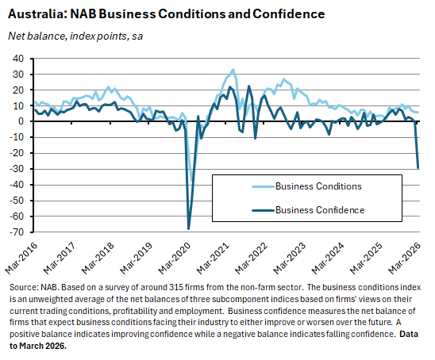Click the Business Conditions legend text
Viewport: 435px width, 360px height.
click(x=318, y=186)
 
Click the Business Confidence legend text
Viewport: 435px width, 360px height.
click(x=320, y=210)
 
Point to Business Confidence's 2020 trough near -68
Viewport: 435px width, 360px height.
click(x=189, y=228)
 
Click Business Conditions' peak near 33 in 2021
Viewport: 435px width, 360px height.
click(x=233, y=70)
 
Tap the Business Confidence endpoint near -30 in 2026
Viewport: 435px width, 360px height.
click(x=418, y=167)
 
